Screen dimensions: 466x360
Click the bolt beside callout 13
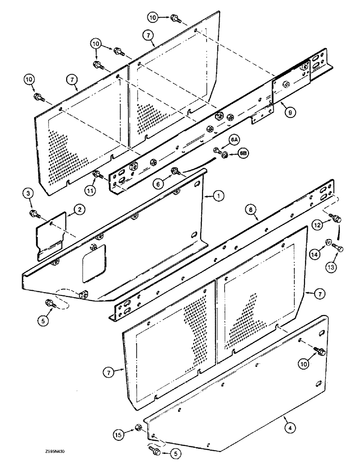339,249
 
